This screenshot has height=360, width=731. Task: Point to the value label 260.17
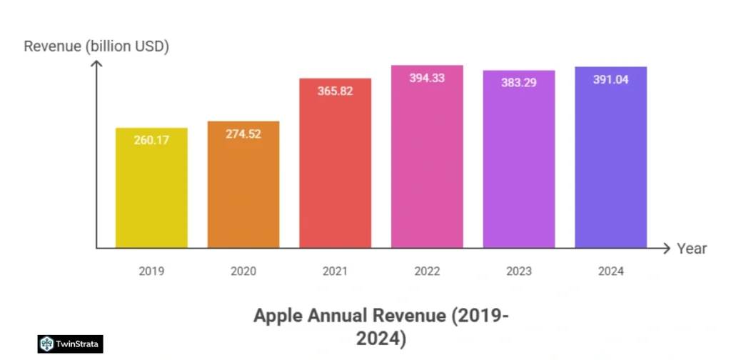tap(151, 140)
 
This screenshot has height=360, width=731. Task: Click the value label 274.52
tap(243, 134)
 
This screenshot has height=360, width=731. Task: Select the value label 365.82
tap(335, 91)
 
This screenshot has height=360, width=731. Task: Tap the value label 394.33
tap(427, 78)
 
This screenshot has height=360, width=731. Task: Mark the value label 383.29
tap(519, 82)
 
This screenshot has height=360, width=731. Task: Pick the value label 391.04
tap(610, 79)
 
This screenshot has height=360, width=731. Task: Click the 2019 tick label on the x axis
tap(152, 271)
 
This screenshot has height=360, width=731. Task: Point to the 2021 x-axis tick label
tap(335, 271)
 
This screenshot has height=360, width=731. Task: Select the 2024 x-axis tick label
tap(610, 271)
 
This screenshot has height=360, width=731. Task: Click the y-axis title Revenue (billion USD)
tap(96, 47)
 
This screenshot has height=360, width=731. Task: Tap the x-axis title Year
tap(692, 249)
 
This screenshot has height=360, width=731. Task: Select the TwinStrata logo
tap(71, 344)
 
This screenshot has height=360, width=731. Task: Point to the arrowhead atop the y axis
tap(97, 64)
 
